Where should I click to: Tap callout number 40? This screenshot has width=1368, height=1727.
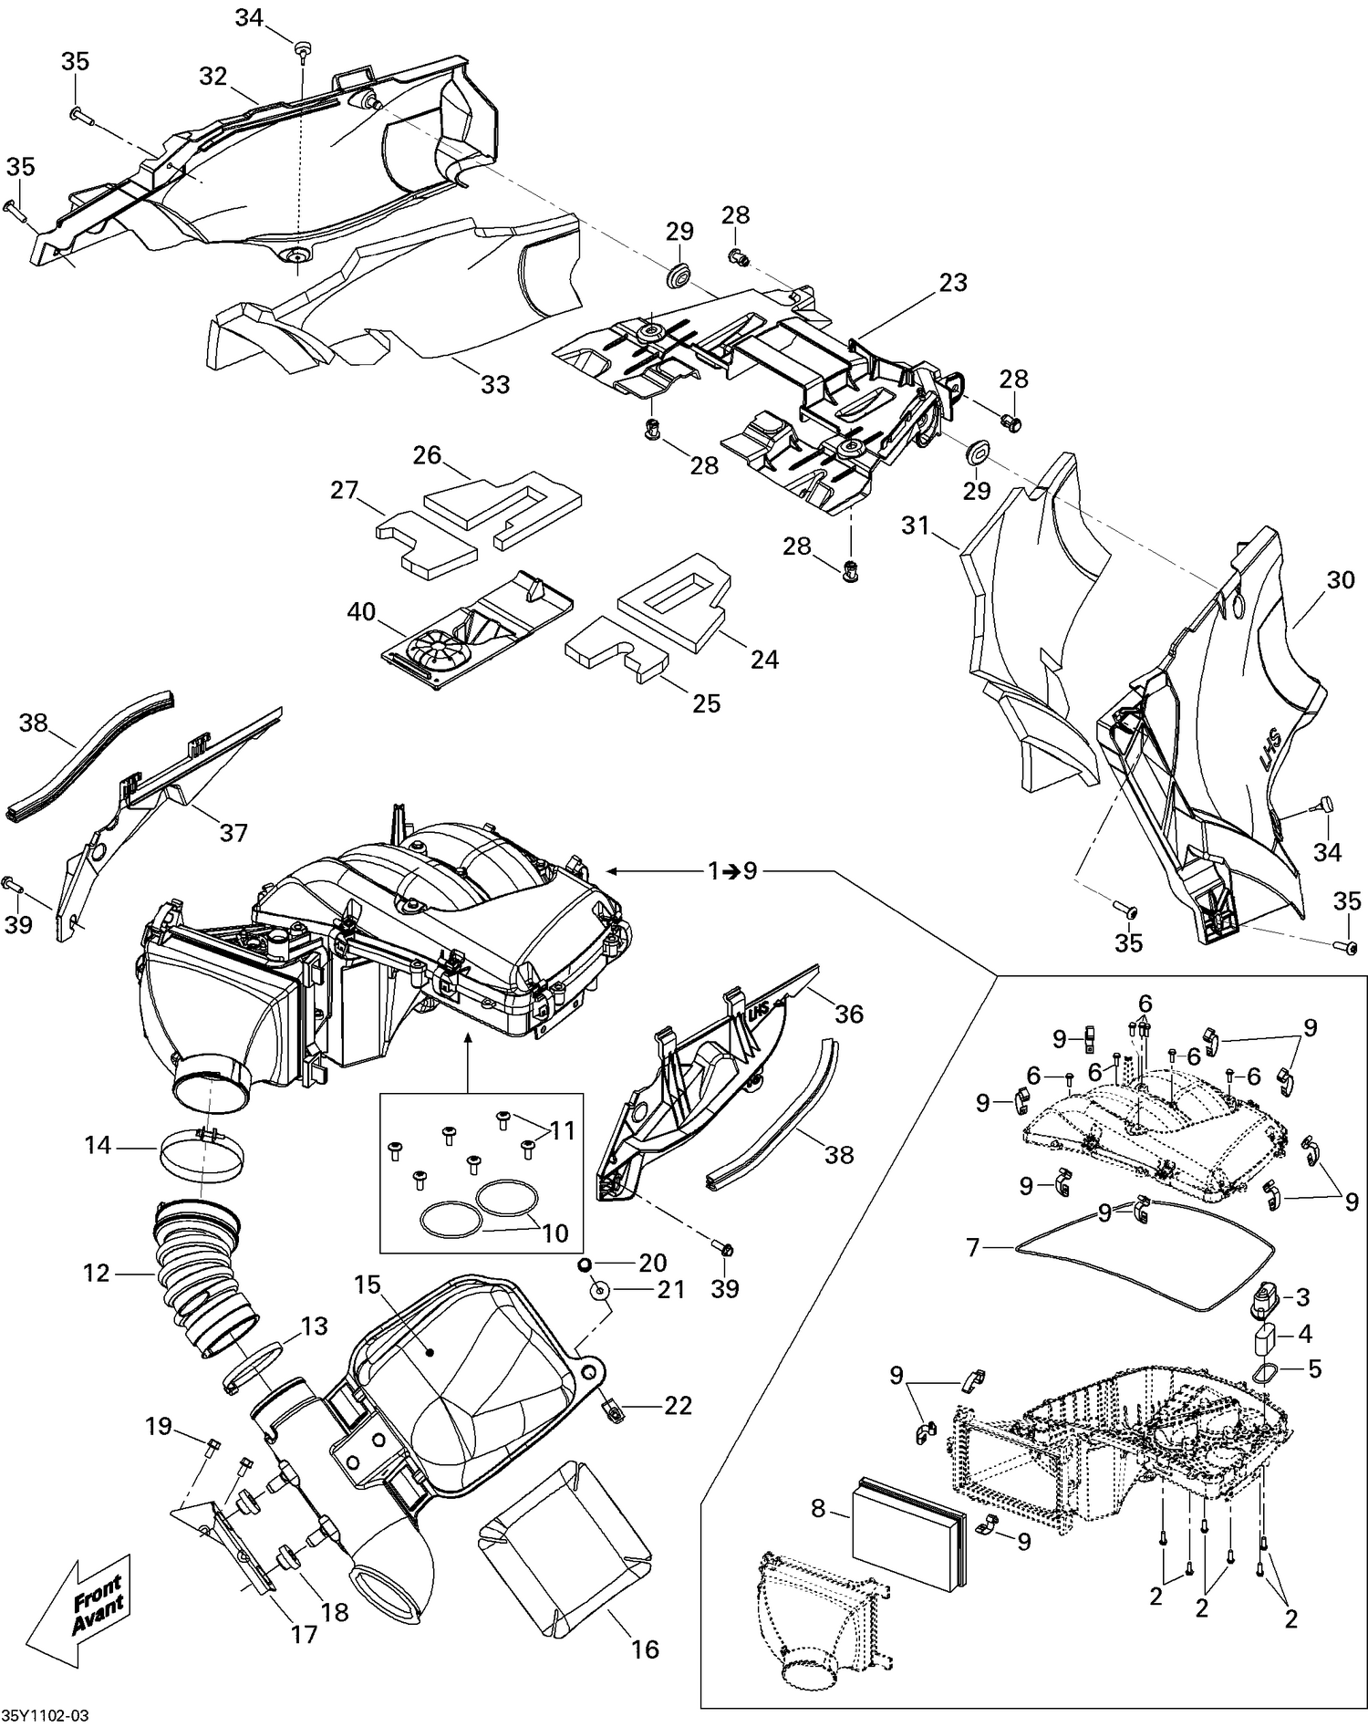(x=361, y=611)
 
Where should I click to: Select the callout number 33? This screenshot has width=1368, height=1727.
(x=495, y=384)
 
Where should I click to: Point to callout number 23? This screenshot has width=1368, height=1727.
(x=952, y=283)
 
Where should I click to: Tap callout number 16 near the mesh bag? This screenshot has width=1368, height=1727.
(x=645, y=1648)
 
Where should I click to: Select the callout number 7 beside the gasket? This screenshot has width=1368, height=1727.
(x=972, y=1246)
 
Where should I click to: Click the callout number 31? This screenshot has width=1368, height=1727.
(x=915, y=525)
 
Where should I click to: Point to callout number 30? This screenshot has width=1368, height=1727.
(x=1340, y=579)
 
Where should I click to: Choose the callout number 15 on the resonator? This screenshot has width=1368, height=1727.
(x=367, y=1285)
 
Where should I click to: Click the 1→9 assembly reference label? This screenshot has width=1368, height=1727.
(x=732, y=871)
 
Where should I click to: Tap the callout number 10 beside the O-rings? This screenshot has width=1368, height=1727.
(x=555, y=1233)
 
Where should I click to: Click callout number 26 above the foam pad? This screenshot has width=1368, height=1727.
(x=427, y=454)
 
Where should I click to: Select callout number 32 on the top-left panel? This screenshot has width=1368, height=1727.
(x=212, y=76)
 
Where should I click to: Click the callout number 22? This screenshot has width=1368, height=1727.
(x=678, y=1405)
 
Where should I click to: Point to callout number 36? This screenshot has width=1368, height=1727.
(x=848, y=1014)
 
